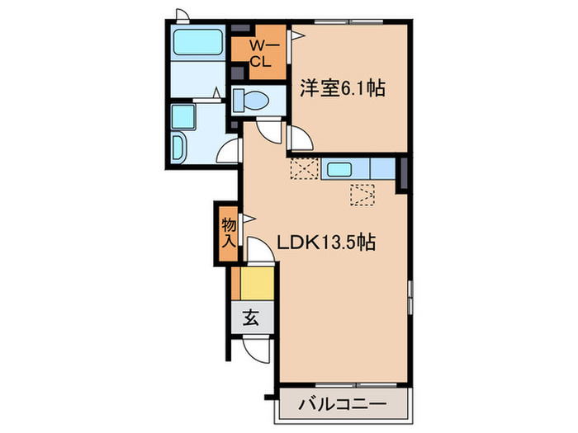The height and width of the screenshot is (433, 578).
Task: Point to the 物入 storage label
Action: (228, 232)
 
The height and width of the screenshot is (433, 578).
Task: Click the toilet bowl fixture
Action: (250, 101)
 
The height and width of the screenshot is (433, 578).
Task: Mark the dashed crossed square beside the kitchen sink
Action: (303, 168)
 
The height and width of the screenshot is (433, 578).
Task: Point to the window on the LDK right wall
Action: (410, 296)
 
